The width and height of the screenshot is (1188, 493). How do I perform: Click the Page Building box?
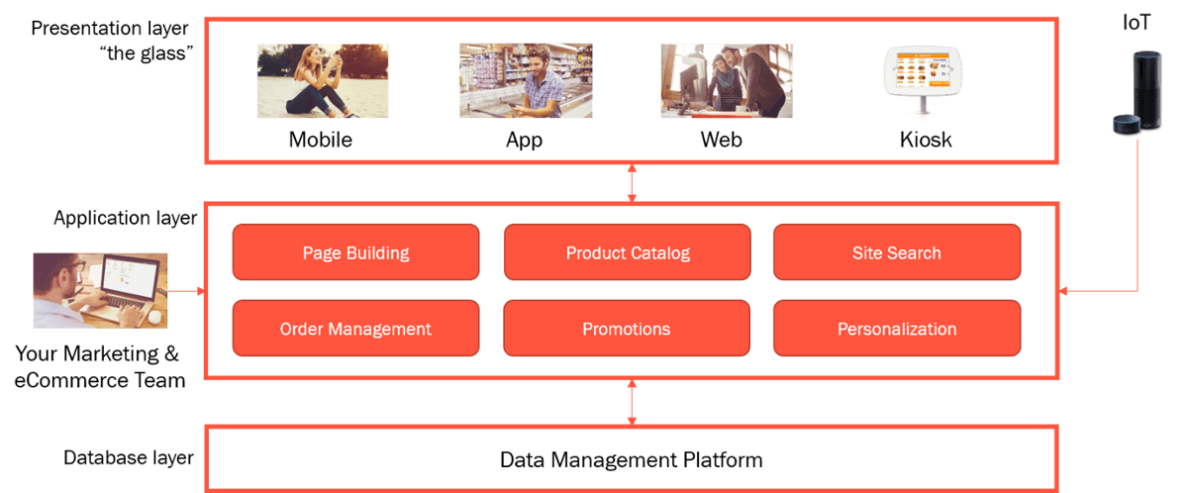[355, 252]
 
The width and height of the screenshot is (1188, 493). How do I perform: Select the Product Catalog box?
[628, 252]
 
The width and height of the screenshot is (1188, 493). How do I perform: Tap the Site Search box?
[896, 252]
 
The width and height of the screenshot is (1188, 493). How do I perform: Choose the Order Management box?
[355, 329]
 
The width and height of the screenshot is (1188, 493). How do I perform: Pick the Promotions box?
[627, 329]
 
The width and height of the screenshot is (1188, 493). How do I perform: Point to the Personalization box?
[896, 329]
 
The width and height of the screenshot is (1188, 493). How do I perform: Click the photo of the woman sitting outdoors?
[323, 80]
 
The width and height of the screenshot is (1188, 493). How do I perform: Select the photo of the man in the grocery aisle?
[526, 80]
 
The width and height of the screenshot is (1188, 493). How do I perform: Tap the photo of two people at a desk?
[727, 80]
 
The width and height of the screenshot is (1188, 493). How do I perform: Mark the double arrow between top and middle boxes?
[632, 183]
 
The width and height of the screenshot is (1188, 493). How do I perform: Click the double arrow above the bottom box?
[632, 402]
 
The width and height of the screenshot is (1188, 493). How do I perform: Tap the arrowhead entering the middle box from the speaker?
[1064, 291]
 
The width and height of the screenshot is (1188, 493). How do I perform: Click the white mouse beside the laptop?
[155, 317]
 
